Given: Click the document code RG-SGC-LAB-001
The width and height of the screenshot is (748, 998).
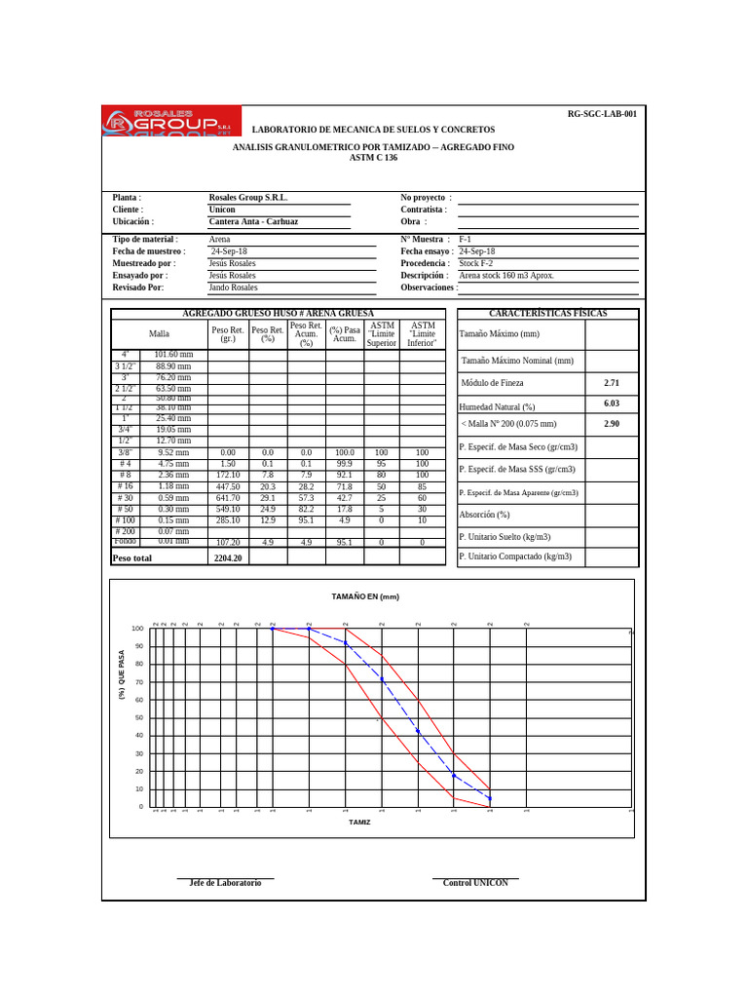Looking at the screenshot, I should (602, 114).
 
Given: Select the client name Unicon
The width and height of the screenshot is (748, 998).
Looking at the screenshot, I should (222, 210).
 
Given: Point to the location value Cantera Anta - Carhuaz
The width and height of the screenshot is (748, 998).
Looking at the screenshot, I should (253, 221).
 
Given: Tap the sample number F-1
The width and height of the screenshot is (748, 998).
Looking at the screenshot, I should (466, 239).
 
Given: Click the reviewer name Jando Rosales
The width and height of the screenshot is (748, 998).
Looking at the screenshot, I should (233, 288).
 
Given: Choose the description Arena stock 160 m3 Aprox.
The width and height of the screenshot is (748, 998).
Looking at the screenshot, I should (506, 276).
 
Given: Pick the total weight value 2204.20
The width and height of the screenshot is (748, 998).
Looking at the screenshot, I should (228, 558).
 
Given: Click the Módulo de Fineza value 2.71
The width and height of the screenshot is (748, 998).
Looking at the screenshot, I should (612, 384).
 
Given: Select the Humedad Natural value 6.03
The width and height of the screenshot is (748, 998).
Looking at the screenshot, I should (612, 403).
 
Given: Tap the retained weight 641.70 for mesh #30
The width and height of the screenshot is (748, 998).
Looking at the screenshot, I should (227, 498).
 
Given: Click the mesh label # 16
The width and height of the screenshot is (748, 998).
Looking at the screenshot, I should (125, 486).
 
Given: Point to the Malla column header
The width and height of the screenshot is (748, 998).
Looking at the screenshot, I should (159, 333).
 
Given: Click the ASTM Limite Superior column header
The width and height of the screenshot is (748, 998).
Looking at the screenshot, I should (382, 333).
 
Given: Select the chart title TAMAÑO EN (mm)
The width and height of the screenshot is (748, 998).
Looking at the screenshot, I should (365, 596).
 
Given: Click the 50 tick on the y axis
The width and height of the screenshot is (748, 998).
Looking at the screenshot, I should (139, 717).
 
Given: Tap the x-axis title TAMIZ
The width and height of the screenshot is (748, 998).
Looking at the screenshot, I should (359, 822).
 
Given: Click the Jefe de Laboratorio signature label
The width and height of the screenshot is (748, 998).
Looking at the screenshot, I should (225, 883).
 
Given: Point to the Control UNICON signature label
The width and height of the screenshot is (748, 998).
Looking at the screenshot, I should (475, 883).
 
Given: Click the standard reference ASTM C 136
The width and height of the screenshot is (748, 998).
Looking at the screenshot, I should (373, 158).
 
